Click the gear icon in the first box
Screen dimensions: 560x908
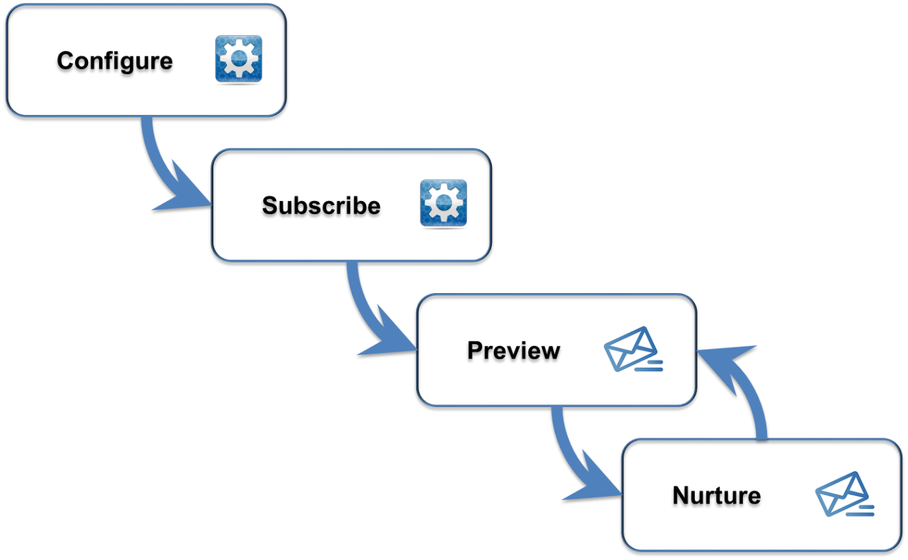coord(239,58)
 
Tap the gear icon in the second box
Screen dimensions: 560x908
coord(443,203)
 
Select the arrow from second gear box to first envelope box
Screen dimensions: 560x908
coord(363,305)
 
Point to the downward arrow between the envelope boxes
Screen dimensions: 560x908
coord(568,451)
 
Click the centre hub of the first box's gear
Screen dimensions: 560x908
coord(239,58)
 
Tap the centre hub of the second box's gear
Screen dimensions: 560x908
coord(443,203)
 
